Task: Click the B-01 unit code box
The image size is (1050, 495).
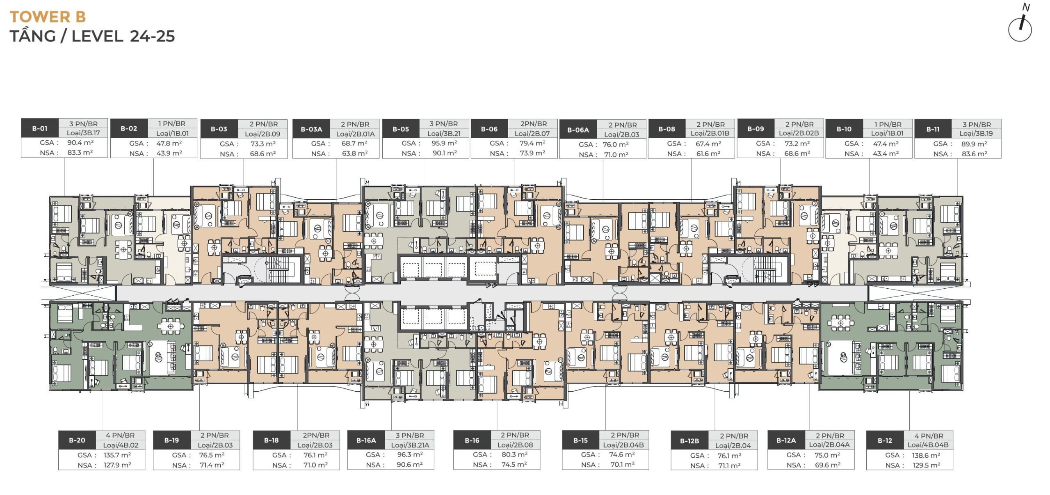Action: point(40,128)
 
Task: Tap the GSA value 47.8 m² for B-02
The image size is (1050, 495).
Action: point(169,143)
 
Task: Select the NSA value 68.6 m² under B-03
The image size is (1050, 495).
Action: point(263,154)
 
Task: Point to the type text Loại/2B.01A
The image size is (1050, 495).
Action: point(355,134)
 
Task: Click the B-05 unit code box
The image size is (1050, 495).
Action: point(401,129)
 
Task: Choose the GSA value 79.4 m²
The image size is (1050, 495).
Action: point(532,143)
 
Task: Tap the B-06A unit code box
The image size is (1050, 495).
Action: point(578,130)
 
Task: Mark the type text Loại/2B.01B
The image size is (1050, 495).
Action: point(710,133)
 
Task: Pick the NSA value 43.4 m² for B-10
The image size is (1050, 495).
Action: point(886,154)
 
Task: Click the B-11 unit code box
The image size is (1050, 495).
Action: point(933,129)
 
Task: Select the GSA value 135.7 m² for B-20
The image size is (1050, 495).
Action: point(117,455)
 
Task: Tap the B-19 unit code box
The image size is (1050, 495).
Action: point(172,440)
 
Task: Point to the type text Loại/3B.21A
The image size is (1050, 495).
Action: point(410,445)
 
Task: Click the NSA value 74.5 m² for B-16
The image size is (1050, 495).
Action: point(514,465)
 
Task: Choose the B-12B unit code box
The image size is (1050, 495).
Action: point(689,441)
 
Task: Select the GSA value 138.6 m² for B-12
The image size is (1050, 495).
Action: point(927,455)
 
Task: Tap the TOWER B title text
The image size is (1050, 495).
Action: point(48,17)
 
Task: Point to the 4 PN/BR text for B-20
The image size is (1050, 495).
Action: point(120,435)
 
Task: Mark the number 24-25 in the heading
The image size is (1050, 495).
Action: point(152,36)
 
